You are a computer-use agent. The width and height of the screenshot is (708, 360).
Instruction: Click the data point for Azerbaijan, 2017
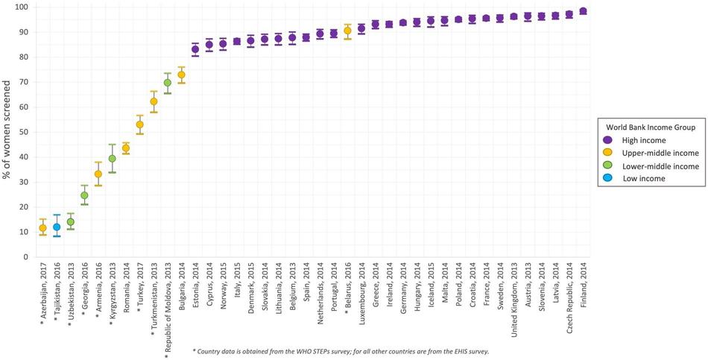pos(42,228)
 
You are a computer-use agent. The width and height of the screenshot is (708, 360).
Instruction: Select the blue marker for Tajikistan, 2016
pos(57,227)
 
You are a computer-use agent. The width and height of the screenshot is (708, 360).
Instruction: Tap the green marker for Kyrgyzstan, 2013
pos(113,158)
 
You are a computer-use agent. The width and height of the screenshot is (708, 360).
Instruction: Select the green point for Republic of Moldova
pos(168,83)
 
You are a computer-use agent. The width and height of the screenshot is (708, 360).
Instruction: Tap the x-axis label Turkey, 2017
pos(139,291)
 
